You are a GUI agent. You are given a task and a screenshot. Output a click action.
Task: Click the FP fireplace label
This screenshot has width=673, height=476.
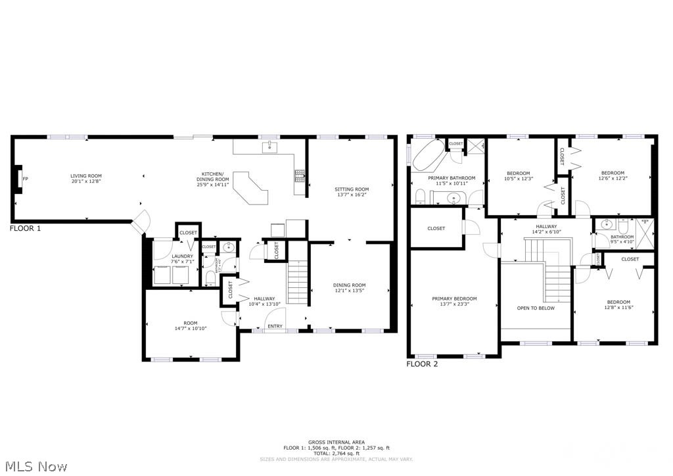pyautogui.click(x=25, y=179)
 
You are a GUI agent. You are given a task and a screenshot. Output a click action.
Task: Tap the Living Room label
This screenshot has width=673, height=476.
pyautogui.click(x=86, y=176)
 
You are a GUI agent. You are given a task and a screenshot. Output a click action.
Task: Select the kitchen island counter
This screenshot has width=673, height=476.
pyautogui.click(x=253, y=187)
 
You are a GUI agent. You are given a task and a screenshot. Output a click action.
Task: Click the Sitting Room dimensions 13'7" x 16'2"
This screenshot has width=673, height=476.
pyautogui.click(x=352, y=195)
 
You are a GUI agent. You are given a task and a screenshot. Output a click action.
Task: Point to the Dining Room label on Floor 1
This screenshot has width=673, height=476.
pyautogui.click(x=350, y=285)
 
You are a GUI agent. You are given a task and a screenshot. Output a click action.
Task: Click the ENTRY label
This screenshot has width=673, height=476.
pyautogui.click(x=275, y=326)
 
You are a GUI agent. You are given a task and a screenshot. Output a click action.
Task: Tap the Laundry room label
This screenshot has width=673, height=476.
pyautogui.click(x=182, y=256)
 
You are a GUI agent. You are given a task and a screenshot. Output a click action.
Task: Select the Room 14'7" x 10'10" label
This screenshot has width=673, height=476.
pyautogui.click(x=191, y=323)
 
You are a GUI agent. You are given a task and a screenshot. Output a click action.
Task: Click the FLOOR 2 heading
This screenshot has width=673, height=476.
pyautogui.click(x=423, y=364)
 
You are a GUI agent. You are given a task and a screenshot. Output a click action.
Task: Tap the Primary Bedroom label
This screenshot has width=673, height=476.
pyautogui.click(x=454, y=298)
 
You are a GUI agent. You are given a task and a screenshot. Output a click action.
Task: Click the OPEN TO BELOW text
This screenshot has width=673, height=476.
pyautogui.click(x=536, y=308)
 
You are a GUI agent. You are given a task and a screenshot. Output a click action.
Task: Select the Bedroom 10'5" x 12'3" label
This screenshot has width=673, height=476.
pyautogui.click(x=518, y=174)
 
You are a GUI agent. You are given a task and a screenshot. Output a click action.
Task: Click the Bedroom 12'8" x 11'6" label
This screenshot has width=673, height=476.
pyautogui.click(x=618, y=302)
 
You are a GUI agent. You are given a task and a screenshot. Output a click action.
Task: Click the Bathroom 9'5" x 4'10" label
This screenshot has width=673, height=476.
pyautogui.click(x=622, y=237)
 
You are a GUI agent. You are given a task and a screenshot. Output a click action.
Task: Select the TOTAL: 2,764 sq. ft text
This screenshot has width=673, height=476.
pyautogui.click(x=336, y=453)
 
